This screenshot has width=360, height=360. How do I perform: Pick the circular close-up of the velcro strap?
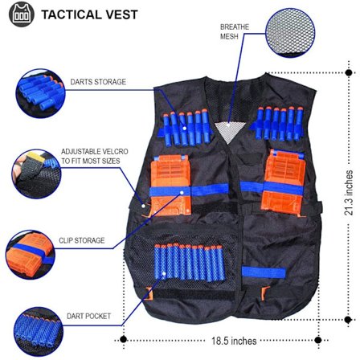tap(32, 170)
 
